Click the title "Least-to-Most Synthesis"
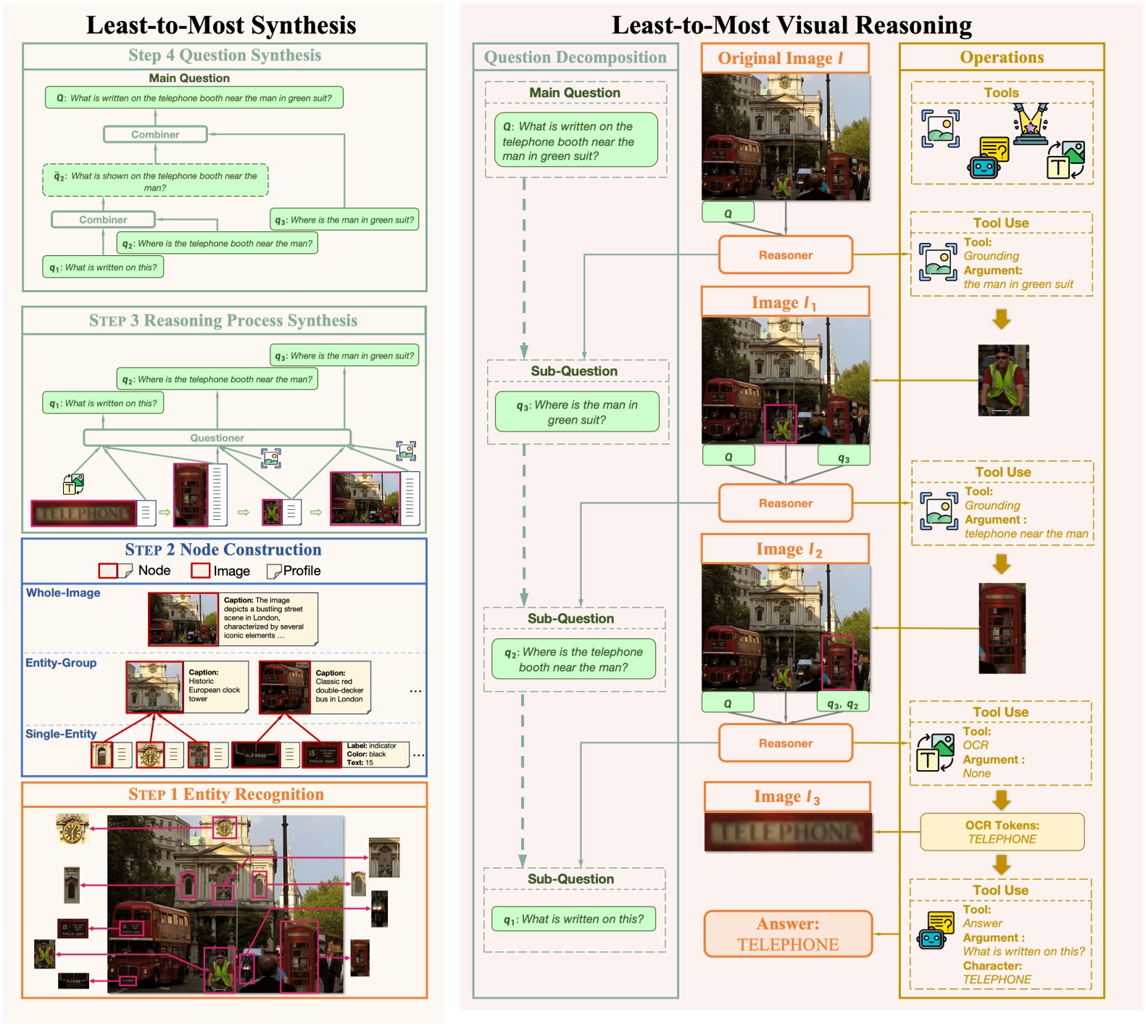pos(221,25)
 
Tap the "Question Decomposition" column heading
pos(575,57)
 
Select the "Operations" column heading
pos(1002,57)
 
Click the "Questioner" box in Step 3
pos(217,437)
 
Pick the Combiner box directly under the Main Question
pos(155,134)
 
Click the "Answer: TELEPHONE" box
pos(788,934)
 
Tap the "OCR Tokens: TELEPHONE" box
pos(1002,832)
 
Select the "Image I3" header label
pos(786,796)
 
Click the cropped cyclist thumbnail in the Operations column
pos(1003,380)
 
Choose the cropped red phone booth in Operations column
pos(1002,628)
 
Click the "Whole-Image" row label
pos(63,592)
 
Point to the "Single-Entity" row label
pos(61,734)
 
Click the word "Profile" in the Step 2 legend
pos(302,571)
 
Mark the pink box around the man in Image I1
pos(781,423)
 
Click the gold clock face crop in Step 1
pos(72,829)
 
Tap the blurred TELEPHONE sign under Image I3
pos(788,832)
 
